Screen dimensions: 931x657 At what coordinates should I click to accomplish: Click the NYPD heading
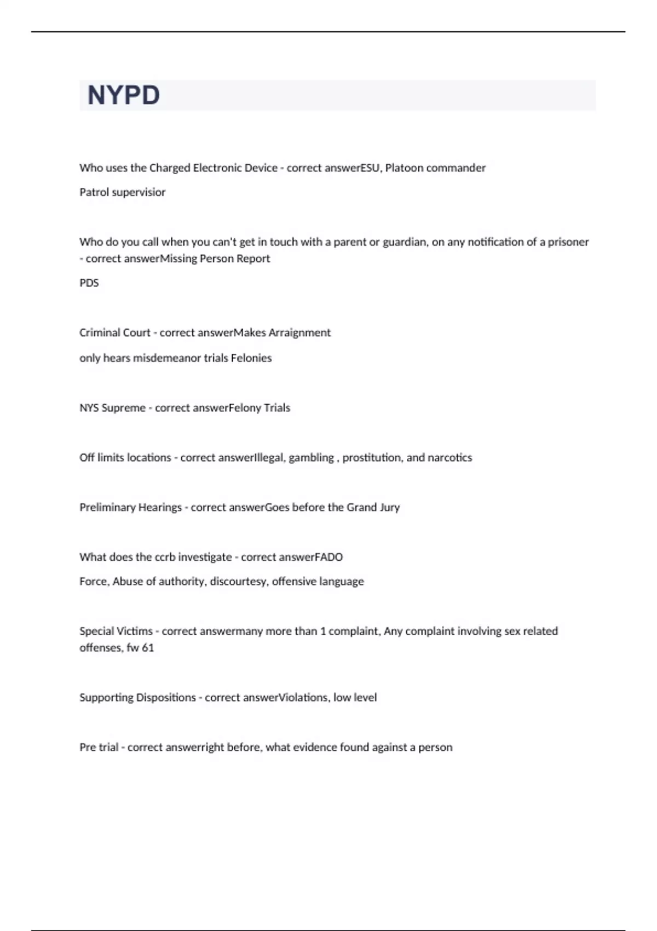[x=124, y=95]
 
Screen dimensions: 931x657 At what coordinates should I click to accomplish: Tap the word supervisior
[x=139, y=192]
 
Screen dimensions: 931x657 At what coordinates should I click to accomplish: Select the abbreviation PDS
[x=89, y=283]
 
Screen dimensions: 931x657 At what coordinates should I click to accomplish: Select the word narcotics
[x=449, y=458]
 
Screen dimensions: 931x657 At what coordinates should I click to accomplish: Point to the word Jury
[x=390, y=508]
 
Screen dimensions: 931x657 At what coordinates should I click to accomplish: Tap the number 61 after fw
[x=148, y=648]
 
